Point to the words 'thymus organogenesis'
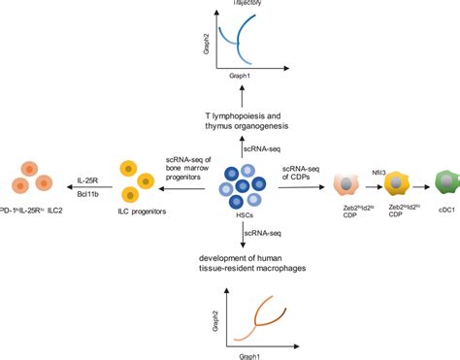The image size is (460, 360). pyautogui.click(x=230, y=128)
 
